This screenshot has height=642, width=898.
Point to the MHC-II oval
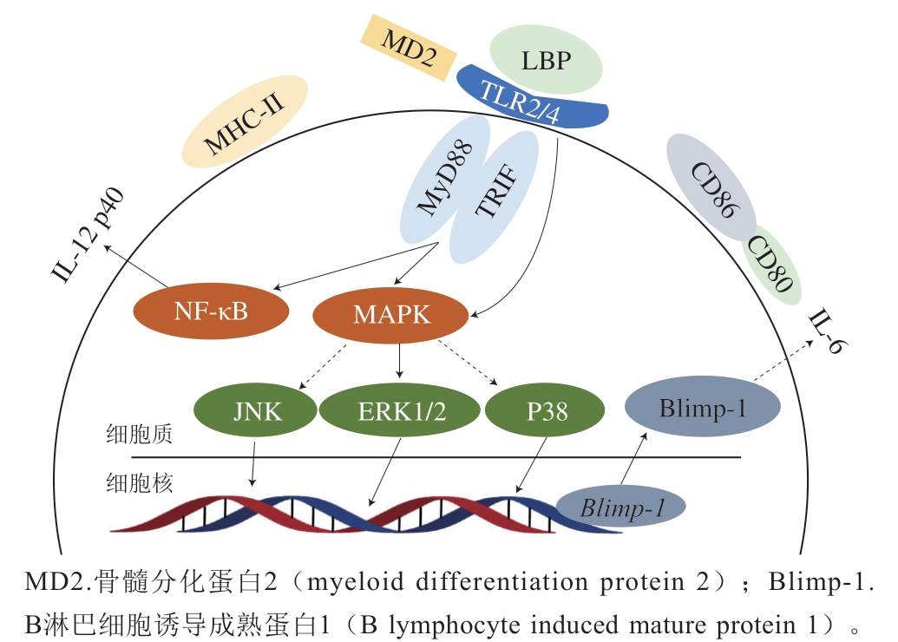(x=246, y=121)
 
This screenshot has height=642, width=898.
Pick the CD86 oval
(x=711, y=187)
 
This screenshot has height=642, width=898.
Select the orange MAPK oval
(x=391, y=315)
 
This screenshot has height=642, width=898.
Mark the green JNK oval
(x=258, y=409)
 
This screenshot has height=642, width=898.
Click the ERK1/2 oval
(x=402, y=410)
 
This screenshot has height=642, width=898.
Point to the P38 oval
(x=545, y=410)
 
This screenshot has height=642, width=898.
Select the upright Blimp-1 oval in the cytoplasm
(x=702, y=406)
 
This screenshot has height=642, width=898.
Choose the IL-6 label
(x=829, y=332)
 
